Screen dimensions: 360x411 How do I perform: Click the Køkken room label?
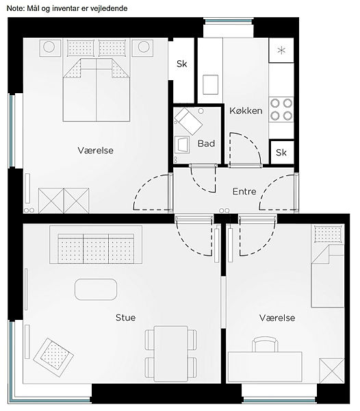pos(246,110)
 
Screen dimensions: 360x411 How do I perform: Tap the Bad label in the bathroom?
pos(206,143)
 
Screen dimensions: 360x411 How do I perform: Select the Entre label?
pos(244,191)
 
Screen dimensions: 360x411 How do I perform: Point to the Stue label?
pos(126,317)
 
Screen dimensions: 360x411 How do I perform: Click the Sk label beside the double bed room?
pos(181,64)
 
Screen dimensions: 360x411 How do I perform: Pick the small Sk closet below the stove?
pos(281,152)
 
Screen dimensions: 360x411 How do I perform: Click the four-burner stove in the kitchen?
pos(281,110)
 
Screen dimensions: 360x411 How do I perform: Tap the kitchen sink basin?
pos(211,84)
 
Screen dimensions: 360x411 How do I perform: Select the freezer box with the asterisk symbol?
pos(281,50)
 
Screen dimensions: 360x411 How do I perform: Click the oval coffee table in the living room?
pos(96,289)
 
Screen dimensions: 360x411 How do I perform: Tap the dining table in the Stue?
pos(170,353)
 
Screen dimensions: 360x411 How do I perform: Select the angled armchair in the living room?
pos(53,357)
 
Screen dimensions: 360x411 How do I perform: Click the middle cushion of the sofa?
pos(96,249)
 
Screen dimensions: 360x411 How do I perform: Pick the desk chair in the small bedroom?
pos(265,344)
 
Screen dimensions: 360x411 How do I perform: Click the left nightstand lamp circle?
pos(49,47)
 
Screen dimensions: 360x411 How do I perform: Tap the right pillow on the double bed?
pos(112,48)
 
